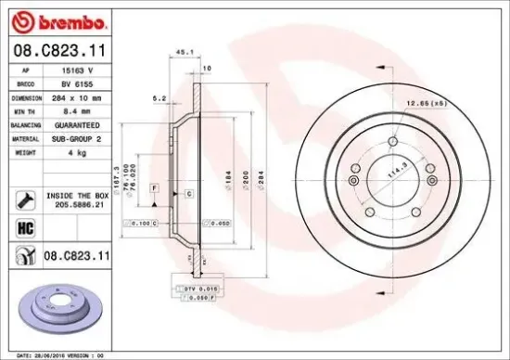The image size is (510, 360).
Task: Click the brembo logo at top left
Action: point(57,20)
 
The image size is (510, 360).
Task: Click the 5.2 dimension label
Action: point(159,97)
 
